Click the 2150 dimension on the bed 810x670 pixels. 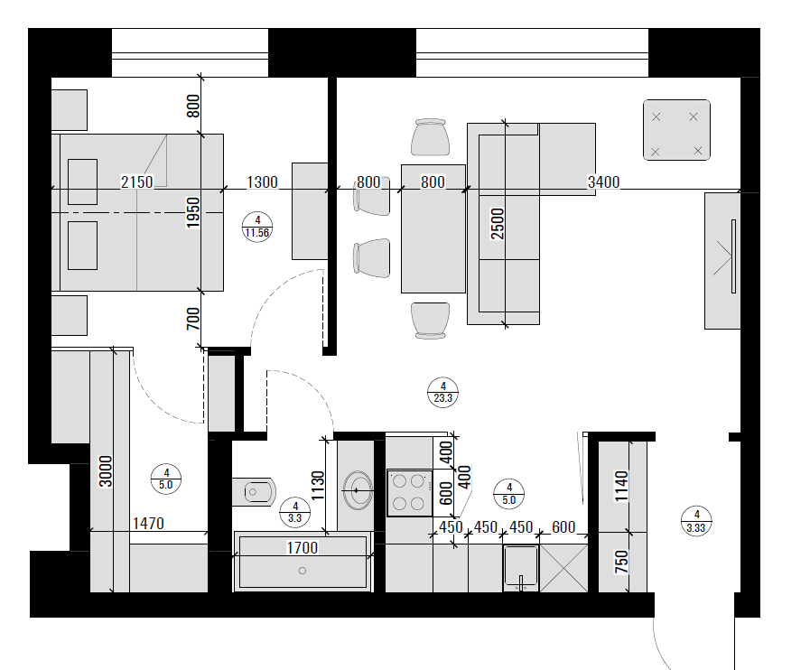coord(137,181)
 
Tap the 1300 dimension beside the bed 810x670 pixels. coord(262,181)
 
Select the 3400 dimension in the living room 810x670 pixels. coord(603,181)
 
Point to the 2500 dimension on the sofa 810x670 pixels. coord(497,224)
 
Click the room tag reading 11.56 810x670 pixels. coord(257,228)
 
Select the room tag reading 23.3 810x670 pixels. coord(443,393)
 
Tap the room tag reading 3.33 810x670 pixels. coord(696,521)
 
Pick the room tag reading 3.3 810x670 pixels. coord(295,513)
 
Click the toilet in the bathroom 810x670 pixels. coord(254,491)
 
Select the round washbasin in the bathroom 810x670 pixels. coord(358,489)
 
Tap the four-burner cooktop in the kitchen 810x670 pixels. coord(410,493)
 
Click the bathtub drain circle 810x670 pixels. coord(303,571)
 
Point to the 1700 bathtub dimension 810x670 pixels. coord(303,547)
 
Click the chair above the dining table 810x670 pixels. coord(431,137)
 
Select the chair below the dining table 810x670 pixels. coord(431,321)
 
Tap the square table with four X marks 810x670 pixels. coord(676,130)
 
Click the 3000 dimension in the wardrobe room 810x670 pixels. coord(106,471)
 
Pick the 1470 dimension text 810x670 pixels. coord(148,524)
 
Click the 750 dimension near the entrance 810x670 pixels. coord(621,562)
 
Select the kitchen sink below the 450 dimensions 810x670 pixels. coord(521,568)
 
